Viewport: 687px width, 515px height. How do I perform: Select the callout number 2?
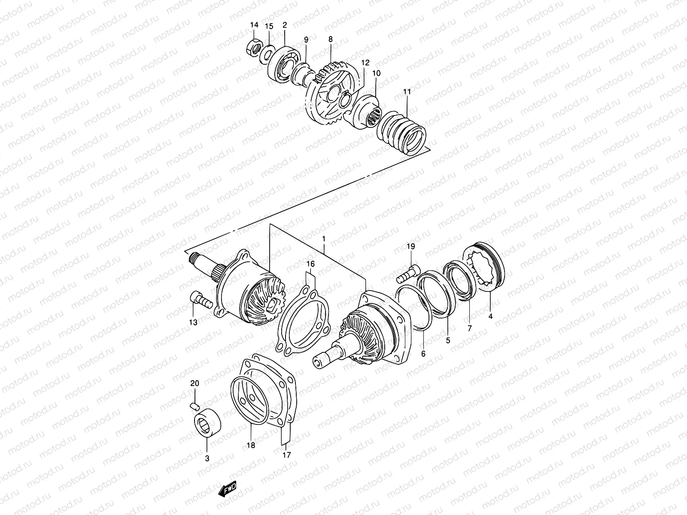[285, 25]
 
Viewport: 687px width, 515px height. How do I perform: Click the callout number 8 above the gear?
[331, 39]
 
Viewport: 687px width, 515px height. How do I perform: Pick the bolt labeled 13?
[200, 302]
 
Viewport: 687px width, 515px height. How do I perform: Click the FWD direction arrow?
[227, 490]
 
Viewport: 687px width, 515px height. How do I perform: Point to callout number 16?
[310, 263]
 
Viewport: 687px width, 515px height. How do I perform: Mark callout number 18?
[251, 445]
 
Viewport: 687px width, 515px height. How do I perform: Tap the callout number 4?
[491, 317]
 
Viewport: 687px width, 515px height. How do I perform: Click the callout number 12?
[365, 63]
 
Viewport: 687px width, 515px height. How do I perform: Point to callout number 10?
[377, 73]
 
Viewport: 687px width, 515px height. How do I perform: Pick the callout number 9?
[306, 40]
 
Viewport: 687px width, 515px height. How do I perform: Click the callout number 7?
[469, 328]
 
